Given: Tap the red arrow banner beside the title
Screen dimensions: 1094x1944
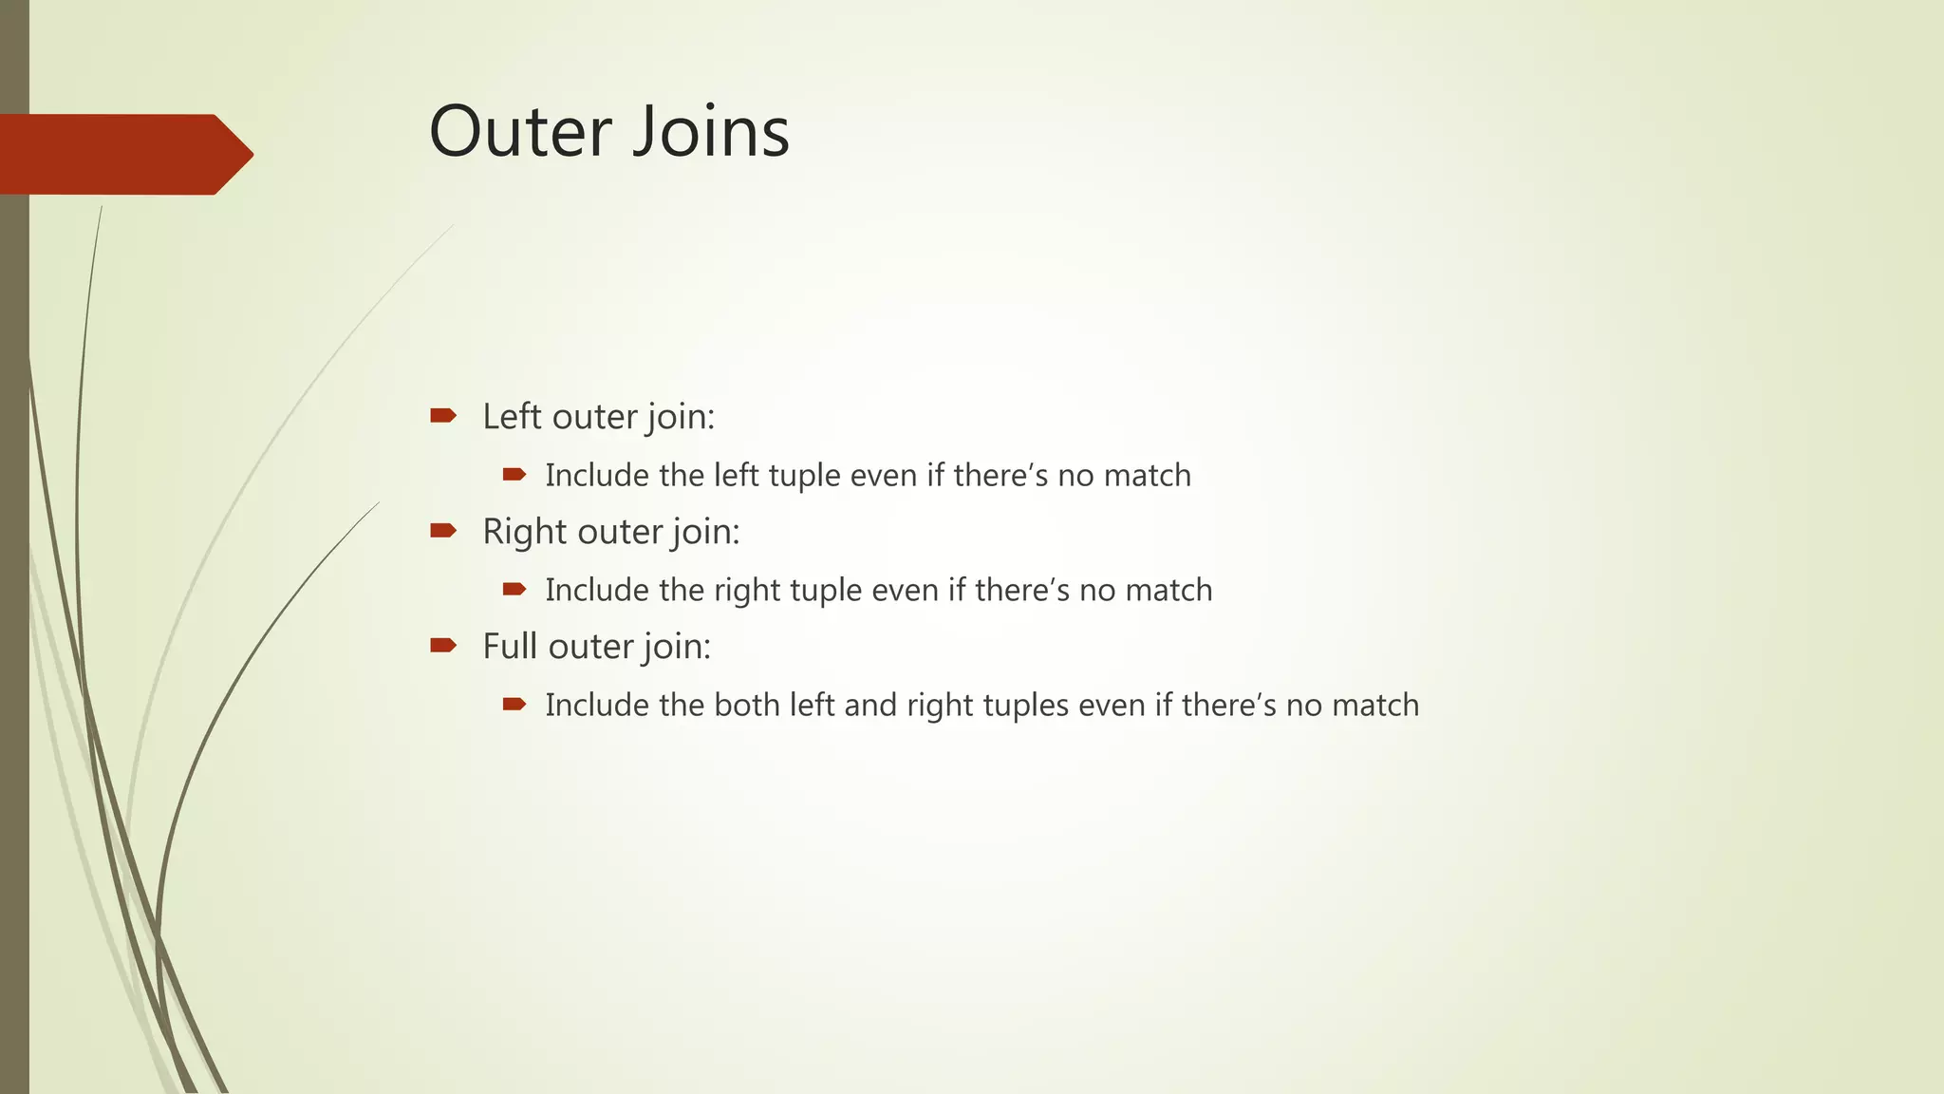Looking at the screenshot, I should (x=123, y=154).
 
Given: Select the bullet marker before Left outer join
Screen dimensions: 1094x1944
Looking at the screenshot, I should (x=443, y=415).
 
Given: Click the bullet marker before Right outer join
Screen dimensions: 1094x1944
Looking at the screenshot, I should (x=443, y=530).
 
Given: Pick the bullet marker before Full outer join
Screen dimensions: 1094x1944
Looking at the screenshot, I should (x=443, y=646).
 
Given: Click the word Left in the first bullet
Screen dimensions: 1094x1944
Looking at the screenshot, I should (x=512, y=416).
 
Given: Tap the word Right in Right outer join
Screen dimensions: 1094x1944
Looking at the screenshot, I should (x=525, y=532).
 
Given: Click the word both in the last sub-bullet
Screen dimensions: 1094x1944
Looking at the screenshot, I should (x=747, y=705).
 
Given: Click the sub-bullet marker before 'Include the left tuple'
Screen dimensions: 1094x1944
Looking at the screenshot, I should (x=514, y=474).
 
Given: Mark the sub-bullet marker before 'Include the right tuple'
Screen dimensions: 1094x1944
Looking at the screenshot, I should (x=514, y=589).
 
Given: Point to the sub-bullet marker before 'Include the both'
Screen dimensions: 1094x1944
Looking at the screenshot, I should (x=514, y=704).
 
